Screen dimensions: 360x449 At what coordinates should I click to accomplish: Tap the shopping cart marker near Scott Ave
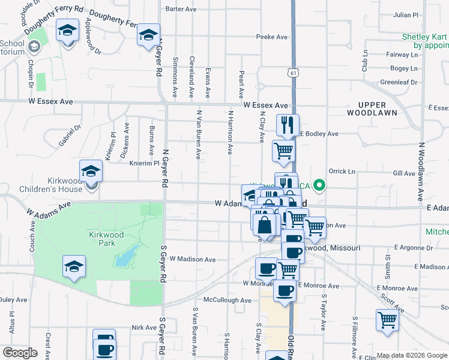click(x=387, y=320)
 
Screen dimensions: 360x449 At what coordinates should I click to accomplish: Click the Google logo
click(x=20, y=352)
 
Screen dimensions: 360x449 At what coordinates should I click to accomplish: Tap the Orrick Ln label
click(x=342, y=172)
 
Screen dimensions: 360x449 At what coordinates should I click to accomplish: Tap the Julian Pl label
click(x=406, y=15)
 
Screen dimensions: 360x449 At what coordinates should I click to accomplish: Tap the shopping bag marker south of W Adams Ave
click(x=264, y=226)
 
